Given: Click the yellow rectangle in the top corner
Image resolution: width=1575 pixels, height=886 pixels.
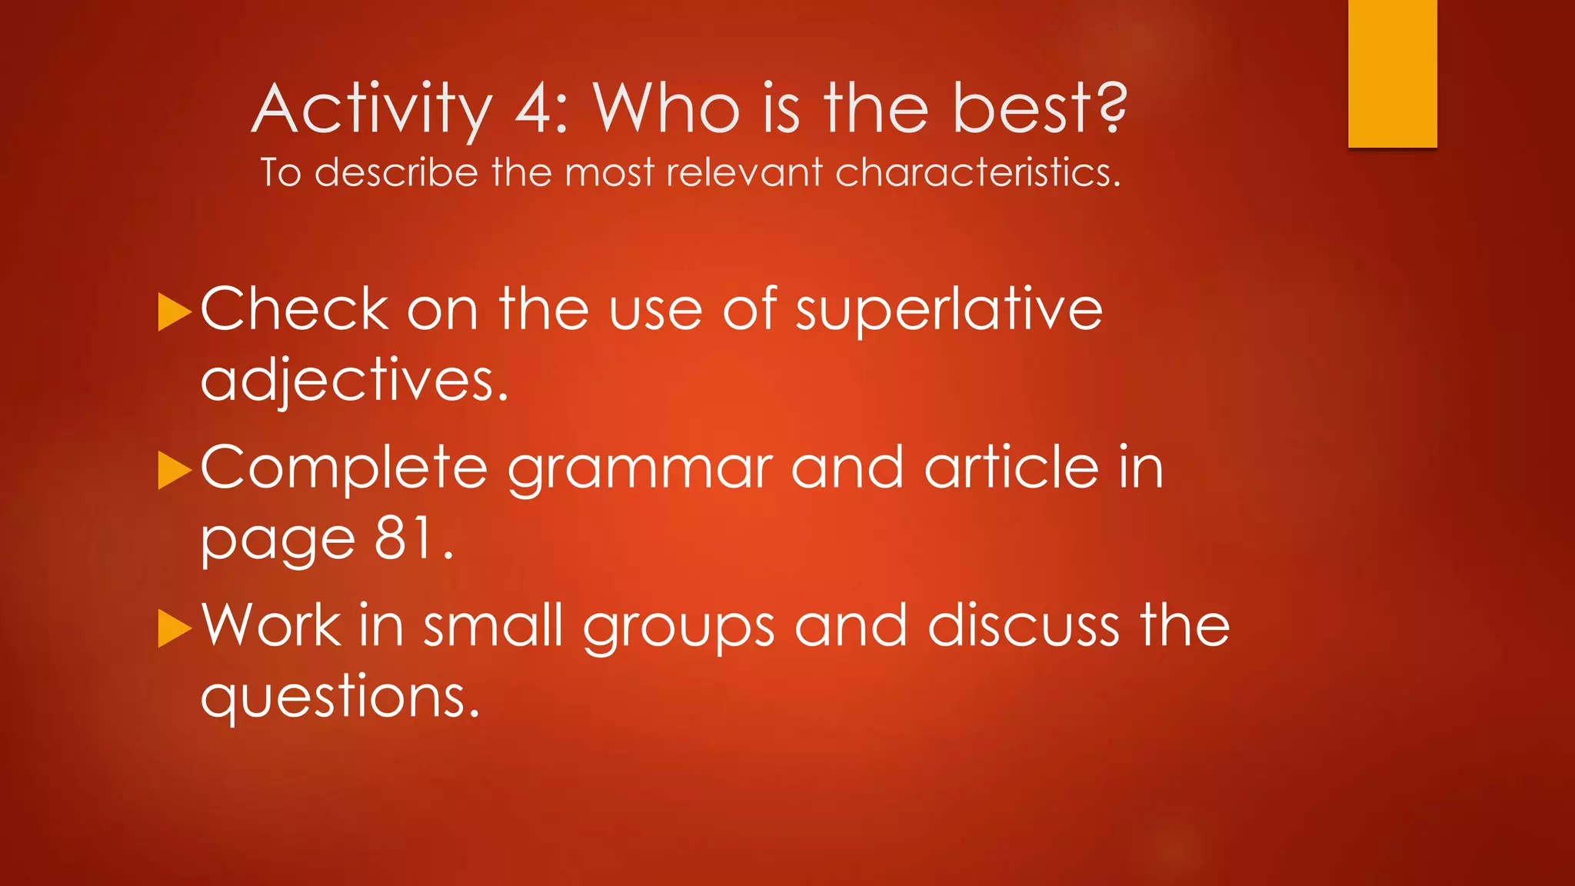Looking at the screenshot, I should coord(1392,73).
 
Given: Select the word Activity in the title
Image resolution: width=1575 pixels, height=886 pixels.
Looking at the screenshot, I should coord(371,110).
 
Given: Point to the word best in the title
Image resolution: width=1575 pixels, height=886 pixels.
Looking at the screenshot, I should coord(1022,108).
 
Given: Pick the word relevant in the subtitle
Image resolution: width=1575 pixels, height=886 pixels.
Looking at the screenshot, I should coord(744,172).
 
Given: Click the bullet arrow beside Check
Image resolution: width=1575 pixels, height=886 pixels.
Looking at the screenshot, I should coord(174,311).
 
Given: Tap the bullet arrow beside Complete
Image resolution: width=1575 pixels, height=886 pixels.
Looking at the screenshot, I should coord(174,470).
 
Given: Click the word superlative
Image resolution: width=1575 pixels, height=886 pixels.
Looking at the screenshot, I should coord(948,310).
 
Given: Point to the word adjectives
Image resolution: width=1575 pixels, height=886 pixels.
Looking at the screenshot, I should coord(354,381).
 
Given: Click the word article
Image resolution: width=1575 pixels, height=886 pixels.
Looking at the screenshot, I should coord(1011,467).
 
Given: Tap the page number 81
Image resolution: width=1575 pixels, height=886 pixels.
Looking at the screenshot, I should coord(405,538).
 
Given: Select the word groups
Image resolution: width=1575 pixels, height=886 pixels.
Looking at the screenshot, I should coord(678,628).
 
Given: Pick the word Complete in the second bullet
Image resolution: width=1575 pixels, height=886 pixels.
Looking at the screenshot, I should coord(344,468).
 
